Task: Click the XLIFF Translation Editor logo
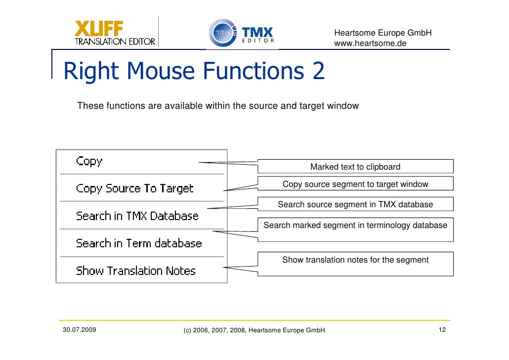115,33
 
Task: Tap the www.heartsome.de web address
370,44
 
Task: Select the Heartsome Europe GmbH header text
383,33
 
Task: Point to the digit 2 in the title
318,72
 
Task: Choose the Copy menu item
89,161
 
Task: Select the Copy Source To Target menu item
134,188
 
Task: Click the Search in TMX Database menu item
137,216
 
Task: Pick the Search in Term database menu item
139,243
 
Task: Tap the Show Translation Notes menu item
135,271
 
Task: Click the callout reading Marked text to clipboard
355,167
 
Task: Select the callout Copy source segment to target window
355,184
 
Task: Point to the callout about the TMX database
355,204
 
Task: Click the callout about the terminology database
355,225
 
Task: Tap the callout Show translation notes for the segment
355,260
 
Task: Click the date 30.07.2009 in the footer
80,329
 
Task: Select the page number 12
442,330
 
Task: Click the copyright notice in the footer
254,330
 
